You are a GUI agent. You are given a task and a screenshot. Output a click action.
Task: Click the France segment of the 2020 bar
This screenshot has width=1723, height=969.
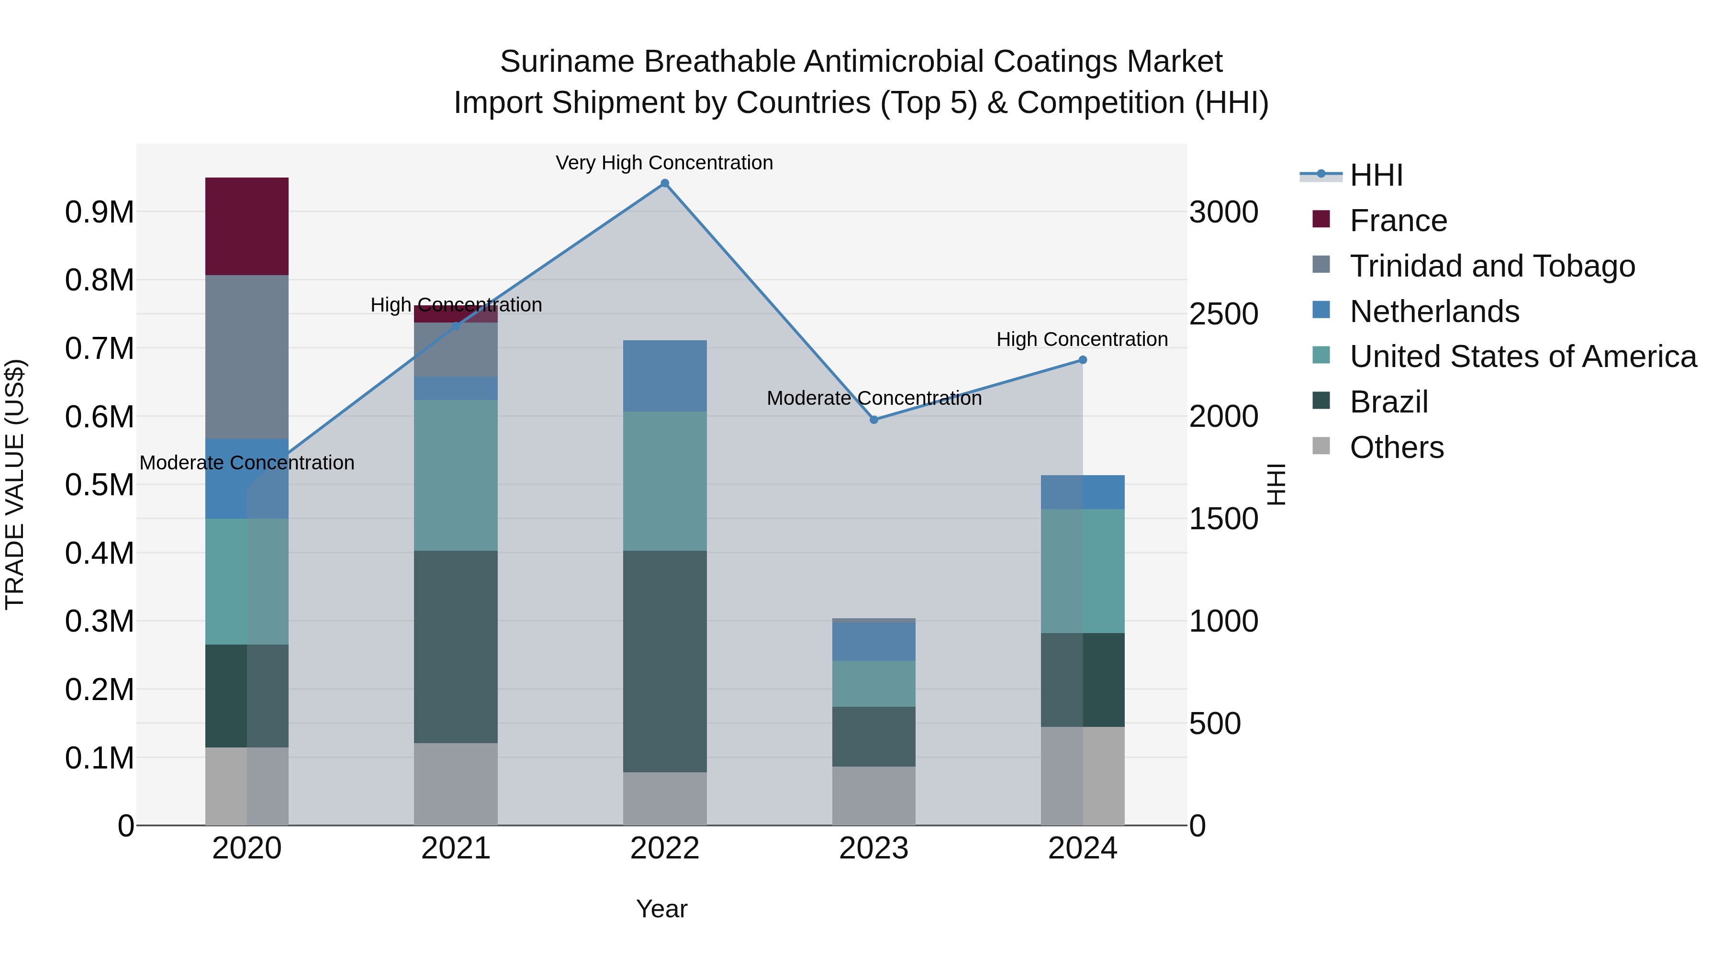point(246,226)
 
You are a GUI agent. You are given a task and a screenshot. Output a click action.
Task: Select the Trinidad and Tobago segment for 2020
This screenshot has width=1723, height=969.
point(246,356)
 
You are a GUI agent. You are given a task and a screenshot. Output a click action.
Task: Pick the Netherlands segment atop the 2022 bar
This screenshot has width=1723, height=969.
point(664,375)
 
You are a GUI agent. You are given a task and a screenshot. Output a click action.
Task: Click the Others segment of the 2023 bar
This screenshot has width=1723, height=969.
point(873,795)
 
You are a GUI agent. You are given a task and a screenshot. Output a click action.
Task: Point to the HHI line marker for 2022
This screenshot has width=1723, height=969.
point(664,183)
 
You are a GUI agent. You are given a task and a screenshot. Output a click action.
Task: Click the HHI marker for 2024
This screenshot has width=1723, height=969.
point(1082,360)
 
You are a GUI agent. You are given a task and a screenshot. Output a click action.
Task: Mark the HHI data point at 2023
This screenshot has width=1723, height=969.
point(873,419)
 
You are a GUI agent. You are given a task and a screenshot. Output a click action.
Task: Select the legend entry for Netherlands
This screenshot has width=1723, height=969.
point(1434,312)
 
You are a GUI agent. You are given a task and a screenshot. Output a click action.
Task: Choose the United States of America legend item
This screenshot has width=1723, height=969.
point(1522,356)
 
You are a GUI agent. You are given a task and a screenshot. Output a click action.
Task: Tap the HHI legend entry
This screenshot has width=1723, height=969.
point(1376,175)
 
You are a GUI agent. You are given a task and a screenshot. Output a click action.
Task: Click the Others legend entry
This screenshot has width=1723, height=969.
point(1396,447)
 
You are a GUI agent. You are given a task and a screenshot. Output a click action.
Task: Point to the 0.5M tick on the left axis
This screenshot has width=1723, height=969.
point(99,485)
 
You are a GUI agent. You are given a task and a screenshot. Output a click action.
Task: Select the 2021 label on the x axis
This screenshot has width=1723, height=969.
point(456,848)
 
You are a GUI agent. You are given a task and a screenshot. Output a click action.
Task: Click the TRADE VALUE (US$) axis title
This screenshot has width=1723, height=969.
point(15,484)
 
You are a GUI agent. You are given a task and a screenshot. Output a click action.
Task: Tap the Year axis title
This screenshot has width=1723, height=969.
point(661,909)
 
